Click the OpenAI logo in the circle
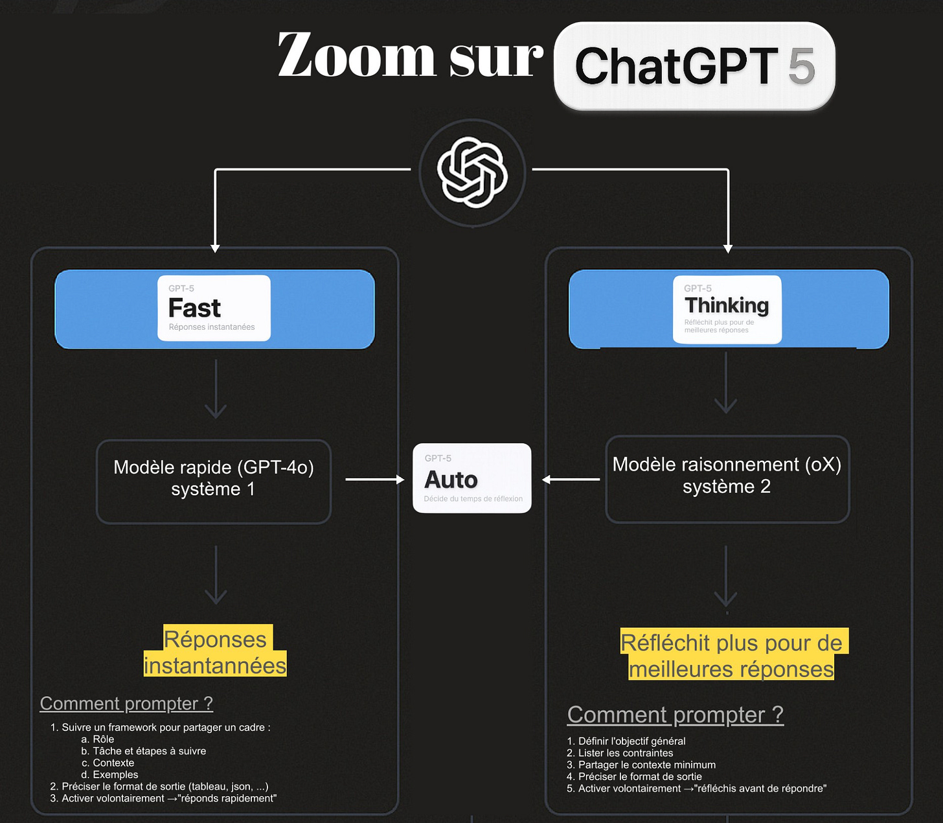point(472,173)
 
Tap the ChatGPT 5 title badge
point(694,66)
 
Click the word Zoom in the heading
point(356,56)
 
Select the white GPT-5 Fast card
point(214,308)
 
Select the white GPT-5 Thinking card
point(727,309)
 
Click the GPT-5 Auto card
point(472,478)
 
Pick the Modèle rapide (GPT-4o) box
point(214,481)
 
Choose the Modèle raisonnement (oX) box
point(727,479)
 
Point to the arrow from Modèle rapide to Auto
point(374,480)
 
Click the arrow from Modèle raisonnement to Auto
point(571,480)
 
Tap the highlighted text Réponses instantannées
point(215,652)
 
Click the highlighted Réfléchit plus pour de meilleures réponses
point(731,655)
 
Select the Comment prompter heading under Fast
point(126,703)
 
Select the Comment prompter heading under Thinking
point(676,714)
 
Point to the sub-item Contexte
point(113,763)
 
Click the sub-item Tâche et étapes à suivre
point(149,751)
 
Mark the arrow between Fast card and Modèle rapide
point(216,389)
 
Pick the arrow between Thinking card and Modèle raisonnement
point(726,384)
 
